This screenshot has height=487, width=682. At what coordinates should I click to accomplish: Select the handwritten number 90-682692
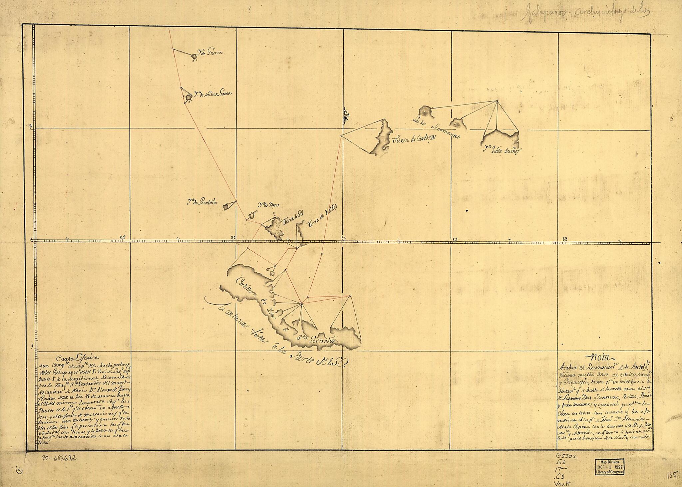tap(59, 458)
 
